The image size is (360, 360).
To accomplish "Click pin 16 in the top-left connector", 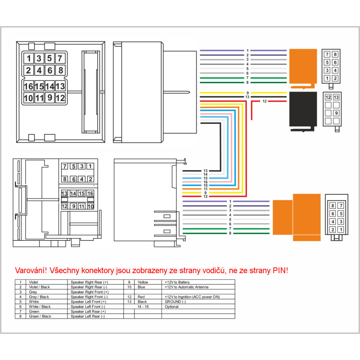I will pos(29,86).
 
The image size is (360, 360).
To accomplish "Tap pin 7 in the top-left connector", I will pos(60,58).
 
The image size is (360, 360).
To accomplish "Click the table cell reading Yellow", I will pos(143,282).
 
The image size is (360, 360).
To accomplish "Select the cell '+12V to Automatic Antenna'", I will pos(185,287).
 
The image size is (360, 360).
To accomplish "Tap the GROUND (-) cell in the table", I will pos(175,301).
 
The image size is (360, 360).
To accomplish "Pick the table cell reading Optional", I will pos(172,306).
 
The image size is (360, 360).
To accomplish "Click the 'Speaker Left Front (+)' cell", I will pos(88,301).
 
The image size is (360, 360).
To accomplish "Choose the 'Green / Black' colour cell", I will pos(40,316).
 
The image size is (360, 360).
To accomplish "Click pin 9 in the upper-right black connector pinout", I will pos(335,113).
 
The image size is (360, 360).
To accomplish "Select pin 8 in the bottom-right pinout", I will pos(333,206).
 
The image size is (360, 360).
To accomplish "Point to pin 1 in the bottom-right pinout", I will pos(341,229).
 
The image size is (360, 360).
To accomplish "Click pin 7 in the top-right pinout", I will pos(328,54).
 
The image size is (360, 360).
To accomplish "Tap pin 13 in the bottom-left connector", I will pos(64,193).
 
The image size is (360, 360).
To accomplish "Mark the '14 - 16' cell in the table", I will pos(143,306).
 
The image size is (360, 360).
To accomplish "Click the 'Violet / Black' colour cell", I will pos(40,287).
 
